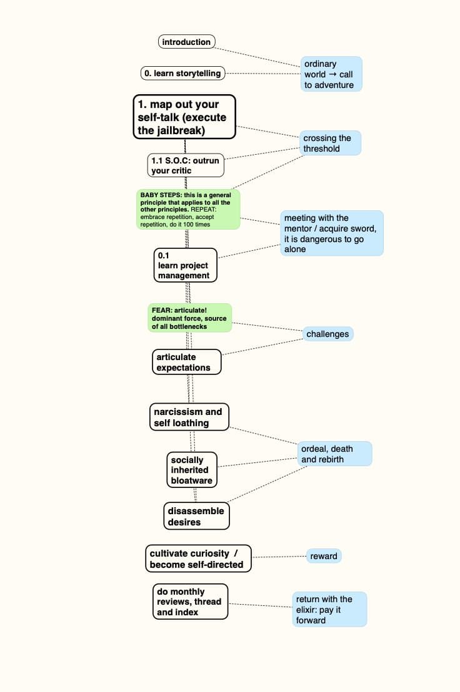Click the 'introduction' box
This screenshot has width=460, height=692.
[x=186, y=42]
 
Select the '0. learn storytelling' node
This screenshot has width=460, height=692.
[x=182, y=73]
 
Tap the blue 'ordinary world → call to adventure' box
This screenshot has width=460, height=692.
[x=331, y=74]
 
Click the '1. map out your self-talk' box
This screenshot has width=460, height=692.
[x=184, y=117]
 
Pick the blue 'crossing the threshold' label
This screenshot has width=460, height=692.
[x=330, y=143]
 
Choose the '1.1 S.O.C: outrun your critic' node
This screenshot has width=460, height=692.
[x=186, y=165]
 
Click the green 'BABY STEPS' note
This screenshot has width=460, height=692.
[x=188, y=210]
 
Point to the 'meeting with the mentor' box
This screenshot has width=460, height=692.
[x=331, y=233]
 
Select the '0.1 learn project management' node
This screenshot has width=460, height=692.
[x=186, y=265]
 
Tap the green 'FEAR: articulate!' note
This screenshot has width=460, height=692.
[x=189, y=318]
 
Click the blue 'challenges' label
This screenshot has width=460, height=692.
[x=327, y=334]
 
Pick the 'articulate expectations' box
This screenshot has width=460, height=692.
[x=186, y=362]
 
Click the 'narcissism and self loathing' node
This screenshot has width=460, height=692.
[x=189, y=417]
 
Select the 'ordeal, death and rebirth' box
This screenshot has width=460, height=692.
[x=335, y=454]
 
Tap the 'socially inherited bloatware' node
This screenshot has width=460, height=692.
[x=192, y=470]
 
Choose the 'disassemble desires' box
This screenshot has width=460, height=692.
[x=196, y=516]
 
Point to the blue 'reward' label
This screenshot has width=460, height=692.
[x=324, y=556]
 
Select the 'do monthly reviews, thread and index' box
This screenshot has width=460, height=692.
[x=190, y=602]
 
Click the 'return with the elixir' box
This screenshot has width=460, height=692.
[x=329, y=609]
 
